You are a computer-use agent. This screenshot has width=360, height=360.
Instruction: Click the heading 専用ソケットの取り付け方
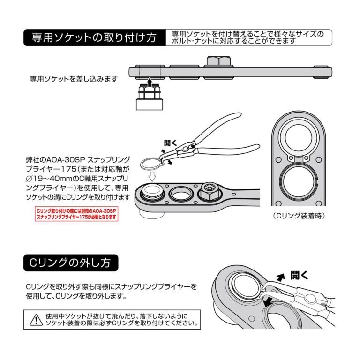(94, 37)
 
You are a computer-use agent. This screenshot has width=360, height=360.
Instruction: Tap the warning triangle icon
(36, 320)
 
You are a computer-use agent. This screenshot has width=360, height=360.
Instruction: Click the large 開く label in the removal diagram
(298, 275)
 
